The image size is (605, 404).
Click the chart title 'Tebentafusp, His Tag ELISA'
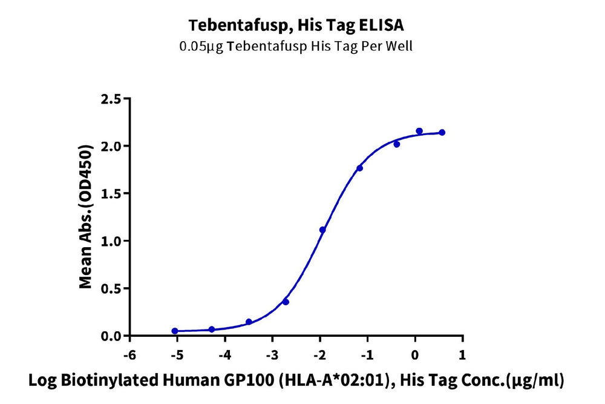296,25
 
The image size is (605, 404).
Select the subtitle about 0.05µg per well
296,47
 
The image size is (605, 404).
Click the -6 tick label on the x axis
128,354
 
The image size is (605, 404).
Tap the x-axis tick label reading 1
463,354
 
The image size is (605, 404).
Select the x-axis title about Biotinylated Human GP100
296,381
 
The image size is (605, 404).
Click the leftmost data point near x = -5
175,331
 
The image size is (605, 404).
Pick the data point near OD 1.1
322,230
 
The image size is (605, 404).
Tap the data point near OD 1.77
360,168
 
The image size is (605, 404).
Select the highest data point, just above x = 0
419,131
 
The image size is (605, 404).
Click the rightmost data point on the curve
442,132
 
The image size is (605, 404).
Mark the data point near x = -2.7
286,302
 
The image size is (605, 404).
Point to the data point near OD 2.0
397,144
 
